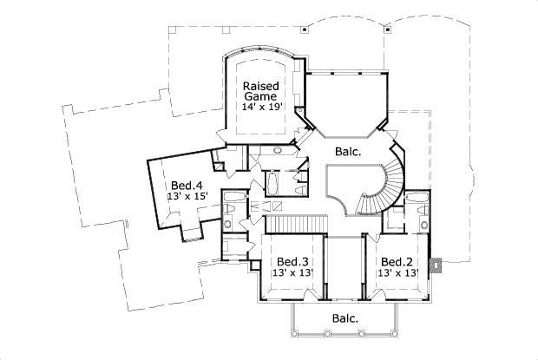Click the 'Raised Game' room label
coord(260,91)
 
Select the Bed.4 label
coord(186,185)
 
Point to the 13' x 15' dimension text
coord(186,198)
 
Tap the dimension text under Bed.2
coord(397,273)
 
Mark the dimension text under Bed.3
coord(293,273)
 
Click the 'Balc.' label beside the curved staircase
coord(348,152)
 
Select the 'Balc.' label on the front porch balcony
coord(345,318)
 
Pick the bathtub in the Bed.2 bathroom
coord(415,206)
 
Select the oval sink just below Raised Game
coord(277,150)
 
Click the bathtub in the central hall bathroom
coord(270,183)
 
